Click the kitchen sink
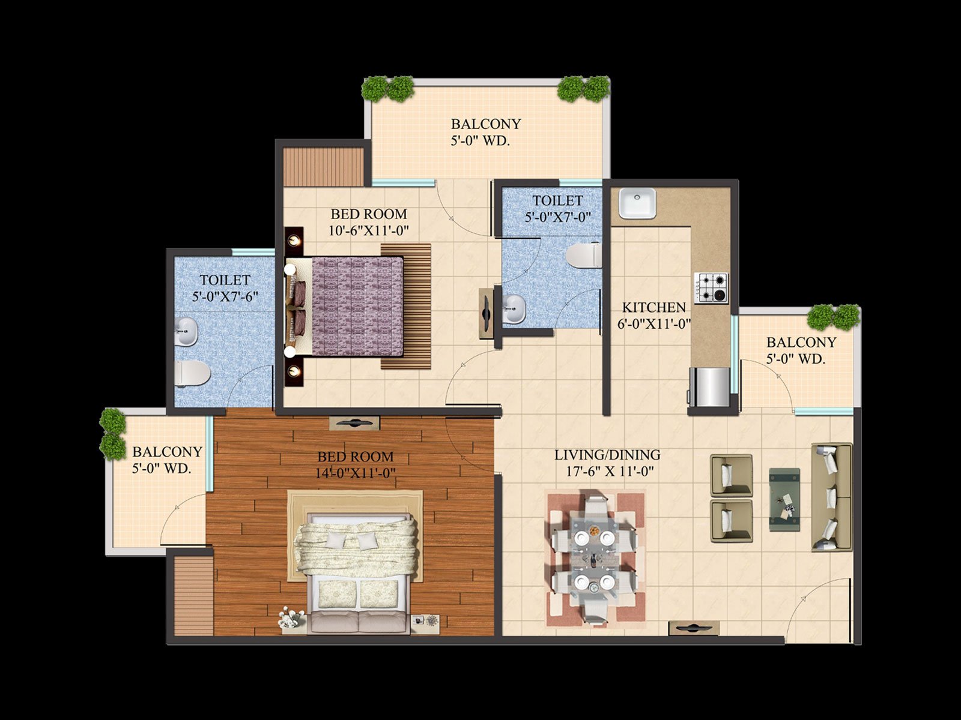[x=637, y=203]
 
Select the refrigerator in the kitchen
[x=710, y=387]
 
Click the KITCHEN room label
[x=654, y=307]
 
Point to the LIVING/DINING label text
[x=608, y=455]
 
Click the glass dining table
[x=594, y=557]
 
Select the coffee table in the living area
[x=784, y=500]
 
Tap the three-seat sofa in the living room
[x=832, y=497]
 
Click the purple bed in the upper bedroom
[x=344, y=307]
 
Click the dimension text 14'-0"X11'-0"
[x=356, y=473]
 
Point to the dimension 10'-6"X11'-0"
[x=369, y=230]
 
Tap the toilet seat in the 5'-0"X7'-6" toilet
[x=193, y=373]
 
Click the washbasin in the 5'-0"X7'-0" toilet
[x=514, y=309]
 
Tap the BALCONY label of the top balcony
[x=486, y=124]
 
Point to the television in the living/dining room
[x=694, y=628]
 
